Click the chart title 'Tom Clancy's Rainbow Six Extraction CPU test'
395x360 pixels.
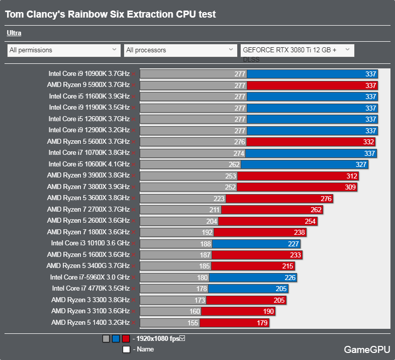(111, 15)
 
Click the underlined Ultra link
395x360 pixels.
(14, 34)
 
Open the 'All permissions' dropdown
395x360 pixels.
(63, 50)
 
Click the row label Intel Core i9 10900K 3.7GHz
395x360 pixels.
(89, 73)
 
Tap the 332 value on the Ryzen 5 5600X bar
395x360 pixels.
(368, 142)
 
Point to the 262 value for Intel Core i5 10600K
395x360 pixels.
(234, 164)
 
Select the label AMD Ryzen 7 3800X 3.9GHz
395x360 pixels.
(88, 187)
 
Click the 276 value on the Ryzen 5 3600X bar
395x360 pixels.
(326, 199)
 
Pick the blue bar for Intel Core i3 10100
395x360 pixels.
(256, 244)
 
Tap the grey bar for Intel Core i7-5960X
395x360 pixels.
(174, 278)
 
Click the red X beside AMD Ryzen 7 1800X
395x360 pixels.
(133, 232)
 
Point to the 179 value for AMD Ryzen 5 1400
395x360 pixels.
(262, 323)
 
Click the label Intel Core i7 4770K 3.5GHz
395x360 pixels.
(90, 289)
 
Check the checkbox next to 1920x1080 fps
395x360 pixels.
(182, 338)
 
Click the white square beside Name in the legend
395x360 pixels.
(126, 349)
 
